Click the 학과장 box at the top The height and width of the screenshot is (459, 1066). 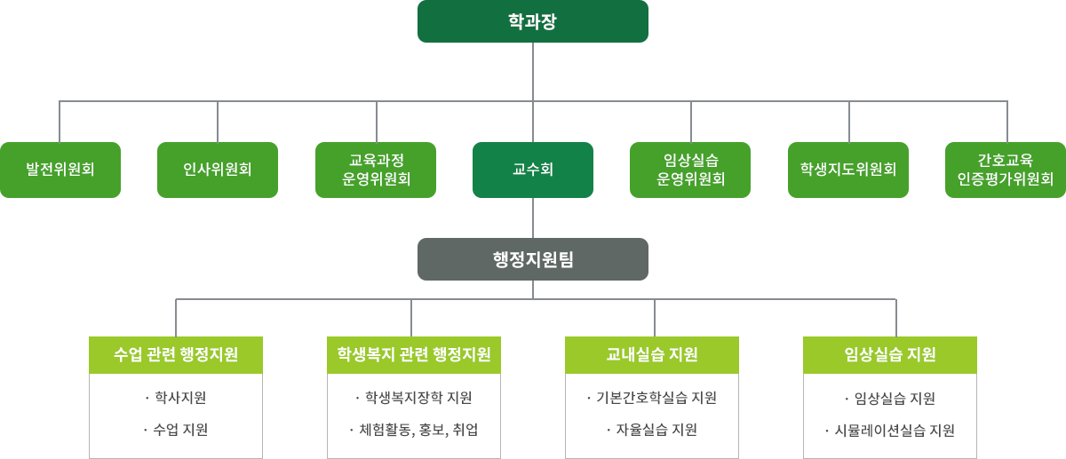point(532,21)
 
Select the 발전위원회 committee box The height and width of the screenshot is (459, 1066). point(60,170)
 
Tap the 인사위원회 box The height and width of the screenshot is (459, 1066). point(218,170)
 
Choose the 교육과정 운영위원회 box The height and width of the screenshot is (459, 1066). point(376,170)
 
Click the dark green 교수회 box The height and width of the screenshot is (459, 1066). point(533,170)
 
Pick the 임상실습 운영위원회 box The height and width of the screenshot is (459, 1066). point(690,170)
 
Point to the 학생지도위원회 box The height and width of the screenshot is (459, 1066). point(847,170)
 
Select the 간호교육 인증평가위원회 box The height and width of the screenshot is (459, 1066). point(1005,170)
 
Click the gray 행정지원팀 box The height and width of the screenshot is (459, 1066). point(532,258)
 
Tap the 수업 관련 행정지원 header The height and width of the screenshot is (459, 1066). point(176,354)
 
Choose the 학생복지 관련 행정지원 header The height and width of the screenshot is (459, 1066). point(414,354)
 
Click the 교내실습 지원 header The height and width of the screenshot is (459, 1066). point(652,354)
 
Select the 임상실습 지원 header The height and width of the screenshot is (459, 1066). point(890,354)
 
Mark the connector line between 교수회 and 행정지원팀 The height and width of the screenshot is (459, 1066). point(533,218)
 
